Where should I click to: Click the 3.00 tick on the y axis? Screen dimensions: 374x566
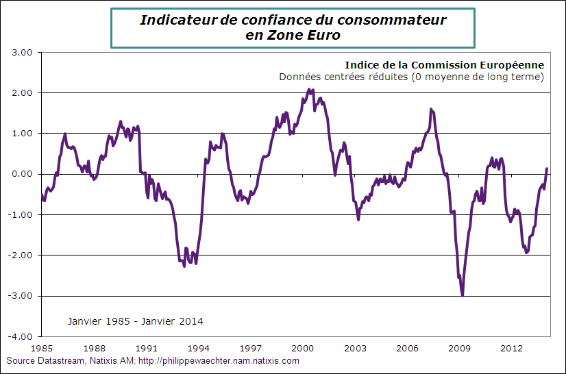pos(23,52)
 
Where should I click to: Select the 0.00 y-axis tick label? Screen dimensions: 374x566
pos(23,174)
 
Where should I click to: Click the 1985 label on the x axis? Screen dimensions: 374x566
pos(42,348)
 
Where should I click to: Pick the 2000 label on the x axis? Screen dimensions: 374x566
pos(303,348)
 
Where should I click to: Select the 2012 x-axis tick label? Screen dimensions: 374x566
pos(511,348)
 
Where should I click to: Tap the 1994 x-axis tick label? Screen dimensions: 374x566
pos(199,348)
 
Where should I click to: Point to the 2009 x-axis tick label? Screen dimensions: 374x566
pos(459,348)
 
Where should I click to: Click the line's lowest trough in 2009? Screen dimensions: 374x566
pos(463,295)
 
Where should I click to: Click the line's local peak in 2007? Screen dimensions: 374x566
pos(431,109)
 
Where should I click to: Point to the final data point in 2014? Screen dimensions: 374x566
pos(547,169)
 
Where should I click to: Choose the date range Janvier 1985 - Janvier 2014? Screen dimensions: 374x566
pos(135,321)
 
